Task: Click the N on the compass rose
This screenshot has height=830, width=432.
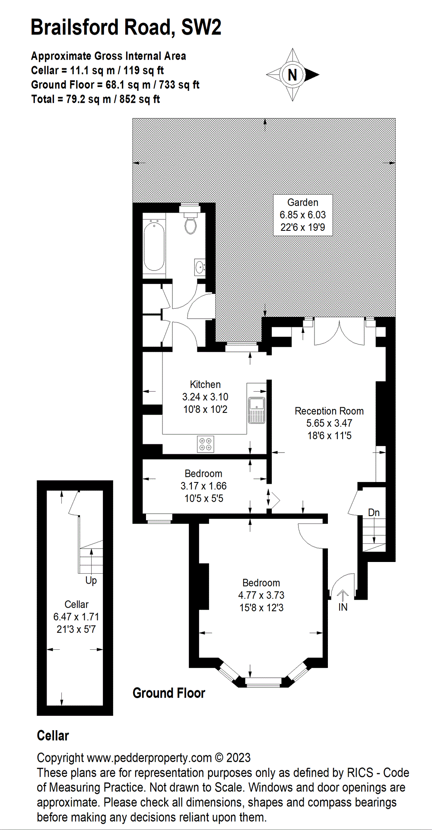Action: tap(292, 75)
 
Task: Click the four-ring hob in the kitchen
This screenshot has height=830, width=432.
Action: tap(205, 444)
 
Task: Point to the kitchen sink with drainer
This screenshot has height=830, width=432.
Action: tap(257, 410)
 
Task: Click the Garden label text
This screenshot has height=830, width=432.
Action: tap(303, 202)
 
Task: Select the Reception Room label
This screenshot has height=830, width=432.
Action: tap(329, 411)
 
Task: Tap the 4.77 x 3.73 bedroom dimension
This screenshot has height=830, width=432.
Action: tap(261, 595)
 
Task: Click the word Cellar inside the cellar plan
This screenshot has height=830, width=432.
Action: tap(76, 604)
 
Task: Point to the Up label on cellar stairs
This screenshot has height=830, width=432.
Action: tap(91, 581)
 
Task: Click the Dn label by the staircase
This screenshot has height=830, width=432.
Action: tap(374, 513)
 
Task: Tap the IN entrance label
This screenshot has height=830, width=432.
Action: tap(343, 607)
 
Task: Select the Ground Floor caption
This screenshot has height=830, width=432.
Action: tap(168, 693)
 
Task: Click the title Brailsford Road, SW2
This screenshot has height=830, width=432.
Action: tap(126, 27)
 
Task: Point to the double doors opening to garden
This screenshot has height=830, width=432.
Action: tap(339, 333)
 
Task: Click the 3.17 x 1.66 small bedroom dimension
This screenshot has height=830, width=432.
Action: tap(203, 486)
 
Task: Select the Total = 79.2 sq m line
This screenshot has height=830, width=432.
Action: tap(95, 99)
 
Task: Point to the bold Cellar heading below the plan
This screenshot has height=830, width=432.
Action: tap(53, 736)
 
